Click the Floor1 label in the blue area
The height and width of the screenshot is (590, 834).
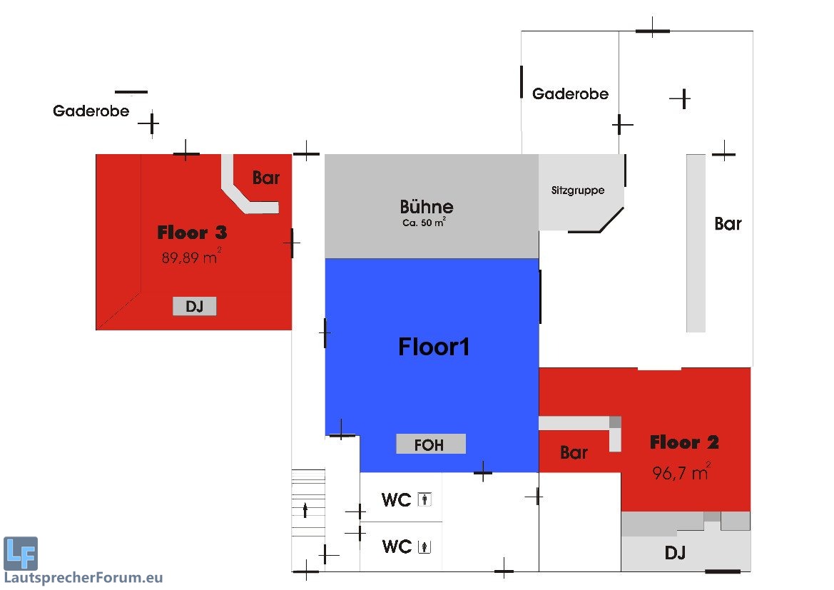[x=434, y=347]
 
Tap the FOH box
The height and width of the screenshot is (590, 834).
[x=430, y=444]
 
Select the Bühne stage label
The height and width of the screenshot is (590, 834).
[x=426, y=208]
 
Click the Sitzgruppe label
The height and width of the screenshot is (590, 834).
[x=577, y=190]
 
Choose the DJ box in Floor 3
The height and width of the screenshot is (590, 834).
[x=194, y=307]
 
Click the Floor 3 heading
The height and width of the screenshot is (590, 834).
[x=192, y=233]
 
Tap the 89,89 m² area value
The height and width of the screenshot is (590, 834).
[x=190, y=257]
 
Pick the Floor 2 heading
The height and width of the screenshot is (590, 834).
[x=684, y=442]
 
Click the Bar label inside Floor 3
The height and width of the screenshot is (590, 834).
[x=266, y=178]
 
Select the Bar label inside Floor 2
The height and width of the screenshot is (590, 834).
[x=574, y=452]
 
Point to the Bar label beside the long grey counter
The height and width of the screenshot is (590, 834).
[x=728, y=224]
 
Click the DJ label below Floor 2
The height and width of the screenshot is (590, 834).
[x=675, y=552]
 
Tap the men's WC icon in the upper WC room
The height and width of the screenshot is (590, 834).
[x=426, y=500]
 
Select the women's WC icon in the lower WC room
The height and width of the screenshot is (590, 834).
[x=426, y=547]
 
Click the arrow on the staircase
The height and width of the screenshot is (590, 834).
[x=306, y=509]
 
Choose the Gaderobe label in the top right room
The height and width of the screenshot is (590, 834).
[x=570, y=93]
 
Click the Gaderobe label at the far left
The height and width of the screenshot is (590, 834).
[x=91, y=111]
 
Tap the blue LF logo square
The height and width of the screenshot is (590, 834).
[x=21, y=553]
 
